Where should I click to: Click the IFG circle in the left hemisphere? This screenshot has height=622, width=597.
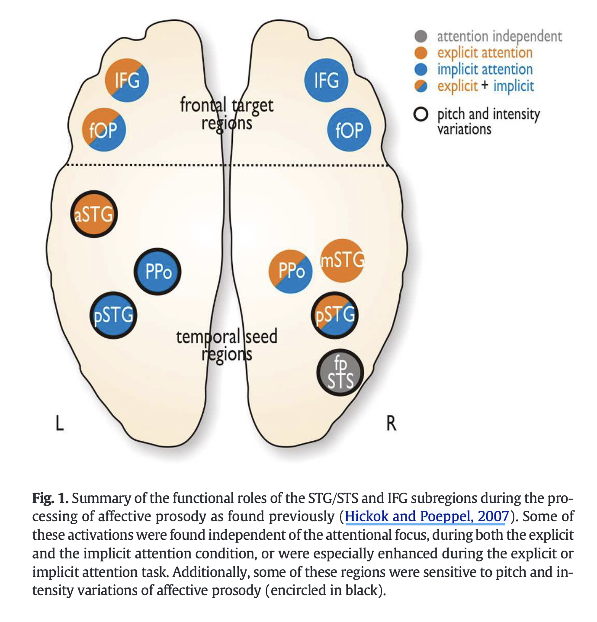pos(127,80)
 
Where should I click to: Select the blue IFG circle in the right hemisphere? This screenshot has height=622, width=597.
pos(326,80)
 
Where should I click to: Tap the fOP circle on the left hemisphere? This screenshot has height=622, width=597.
pos(104,130)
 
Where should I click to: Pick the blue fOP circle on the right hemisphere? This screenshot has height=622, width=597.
pos(349,130)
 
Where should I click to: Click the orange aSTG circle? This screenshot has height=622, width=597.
pos(94,214)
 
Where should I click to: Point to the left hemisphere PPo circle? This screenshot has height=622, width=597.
pos(158,272)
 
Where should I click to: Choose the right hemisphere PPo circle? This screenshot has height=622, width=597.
pos(291,271)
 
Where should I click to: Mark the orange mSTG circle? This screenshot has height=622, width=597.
pos(342,260)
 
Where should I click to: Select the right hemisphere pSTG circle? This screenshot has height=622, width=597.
pos(335,315)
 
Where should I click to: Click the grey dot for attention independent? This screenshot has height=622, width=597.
pos(420,36)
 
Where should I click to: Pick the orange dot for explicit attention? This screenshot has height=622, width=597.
pos(420,53)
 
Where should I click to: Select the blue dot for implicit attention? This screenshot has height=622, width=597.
pos(420,69)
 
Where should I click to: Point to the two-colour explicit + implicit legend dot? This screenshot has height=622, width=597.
pos(420,86)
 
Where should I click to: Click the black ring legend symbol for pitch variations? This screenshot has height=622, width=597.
pos(420,115)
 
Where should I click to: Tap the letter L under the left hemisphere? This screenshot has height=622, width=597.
pos(60,423)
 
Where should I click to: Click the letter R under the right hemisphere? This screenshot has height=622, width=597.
pos(391,423)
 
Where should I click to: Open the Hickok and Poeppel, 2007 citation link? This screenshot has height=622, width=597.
pos(427,516)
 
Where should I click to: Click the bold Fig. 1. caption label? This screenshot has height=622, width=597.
pos(50,498)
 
